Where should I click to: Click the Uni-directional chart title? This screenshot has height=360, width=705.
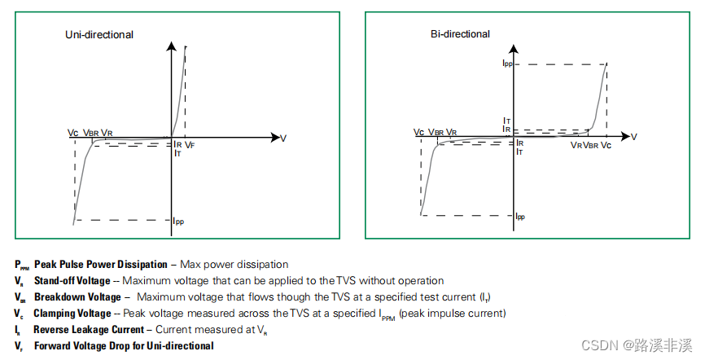coord(99,35)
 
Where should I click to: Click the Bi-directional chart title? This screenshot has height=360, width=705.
coord(460,34)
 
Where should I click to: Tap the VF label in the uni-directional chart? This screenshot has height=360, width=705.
coord(190,144)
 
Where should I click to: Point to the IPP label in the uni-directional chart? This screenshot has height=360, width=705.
coord(179,221)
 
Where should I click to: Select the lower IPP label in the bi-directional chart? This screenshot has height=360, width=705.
coord(520,217)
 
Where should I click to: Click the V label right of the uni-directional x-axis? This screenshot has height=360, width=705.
coord(283,138)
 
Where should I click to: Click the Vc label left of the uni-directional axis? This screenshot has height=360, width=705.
coord(73,132)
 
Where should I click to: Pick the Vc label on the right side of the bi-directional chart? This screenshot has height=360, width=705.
coord(606,144)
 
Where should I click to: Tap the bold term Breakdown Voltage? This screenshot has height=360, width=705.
coord(77,296)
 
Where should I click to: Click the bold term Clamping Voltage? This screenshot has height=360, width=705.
coord(72,313)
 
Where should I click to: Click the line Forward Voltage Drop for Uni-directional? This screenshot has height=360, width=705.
coord(124,345)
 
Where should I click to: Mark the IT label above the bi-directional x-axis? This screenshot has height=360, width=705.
coord(506,121)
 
